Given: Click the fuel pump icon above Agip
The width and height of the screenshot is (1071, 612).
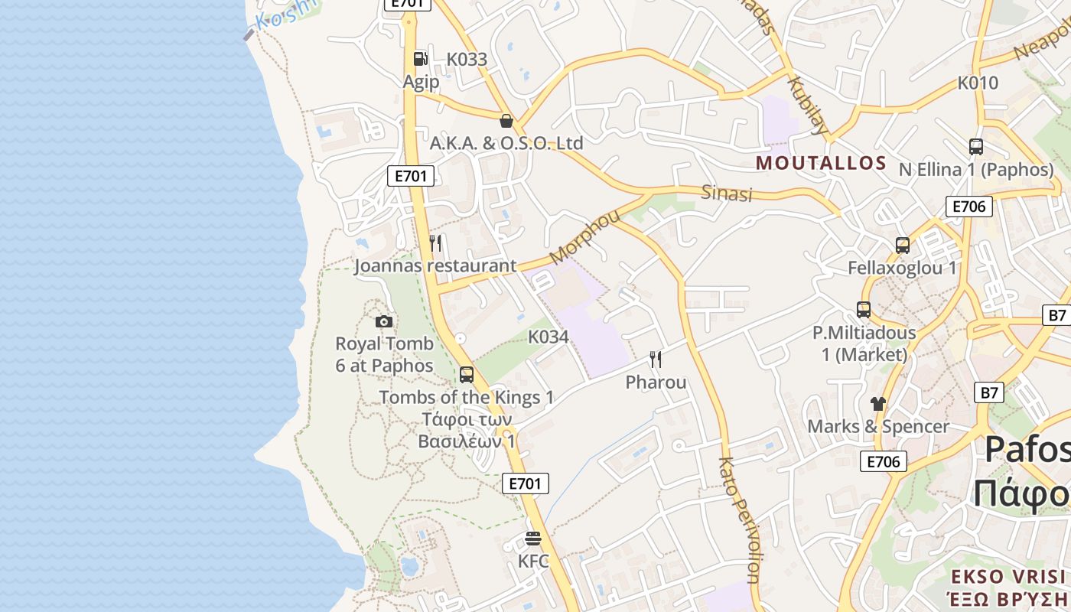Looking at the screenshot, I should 420,58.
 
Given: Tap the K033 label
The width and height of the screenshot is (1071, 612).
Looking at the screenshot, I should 467,59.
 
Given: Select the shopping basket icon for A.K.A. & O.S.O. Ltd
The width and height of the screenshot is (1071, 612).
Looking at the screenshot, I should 506,120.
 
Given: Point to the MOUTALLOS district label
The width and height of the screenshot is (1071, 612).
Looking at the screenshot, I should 821,163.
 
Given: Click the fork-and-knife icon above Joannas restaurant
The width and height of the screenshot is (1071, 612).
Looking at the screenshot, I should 435,243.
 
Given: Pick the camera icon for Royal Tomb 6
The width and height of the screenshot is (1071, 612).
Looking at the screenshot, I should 384,321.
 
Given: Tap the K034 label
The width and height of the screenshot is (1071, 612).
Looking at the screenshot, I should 549,337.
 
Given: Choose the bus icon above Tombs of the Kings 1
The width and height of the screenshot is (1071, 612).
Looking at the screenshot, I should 467,375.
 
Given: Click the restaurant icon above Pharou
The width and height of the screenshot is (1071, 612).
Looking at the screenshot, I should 656,360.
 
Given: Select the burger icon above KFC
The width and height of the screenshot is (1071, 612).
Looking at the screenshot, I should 533,539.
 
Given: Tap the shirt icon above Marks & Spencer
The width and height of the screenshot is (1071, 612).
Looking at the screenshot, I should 877,403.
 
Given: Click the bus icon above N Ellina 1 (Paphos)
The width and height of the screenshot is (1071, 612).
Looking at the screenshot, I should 975,147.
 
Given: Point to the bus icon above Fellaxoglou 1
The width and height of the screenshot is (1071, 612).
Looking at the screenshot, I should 903,246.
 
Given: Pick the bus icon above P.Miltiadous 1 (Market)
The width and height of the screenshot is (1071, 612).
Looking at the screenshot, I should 864,310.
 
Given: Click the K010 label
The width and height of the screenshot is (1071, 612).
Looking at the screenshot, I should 978,83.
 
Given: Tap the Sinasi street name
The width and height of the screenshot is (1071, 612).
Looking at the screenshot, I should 727,193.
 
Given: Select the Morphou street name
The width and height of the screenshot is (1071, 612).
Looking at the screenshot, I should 584,236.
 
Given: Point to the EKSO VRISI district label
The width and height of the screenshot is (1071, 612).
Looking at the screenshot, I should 1008,576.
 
